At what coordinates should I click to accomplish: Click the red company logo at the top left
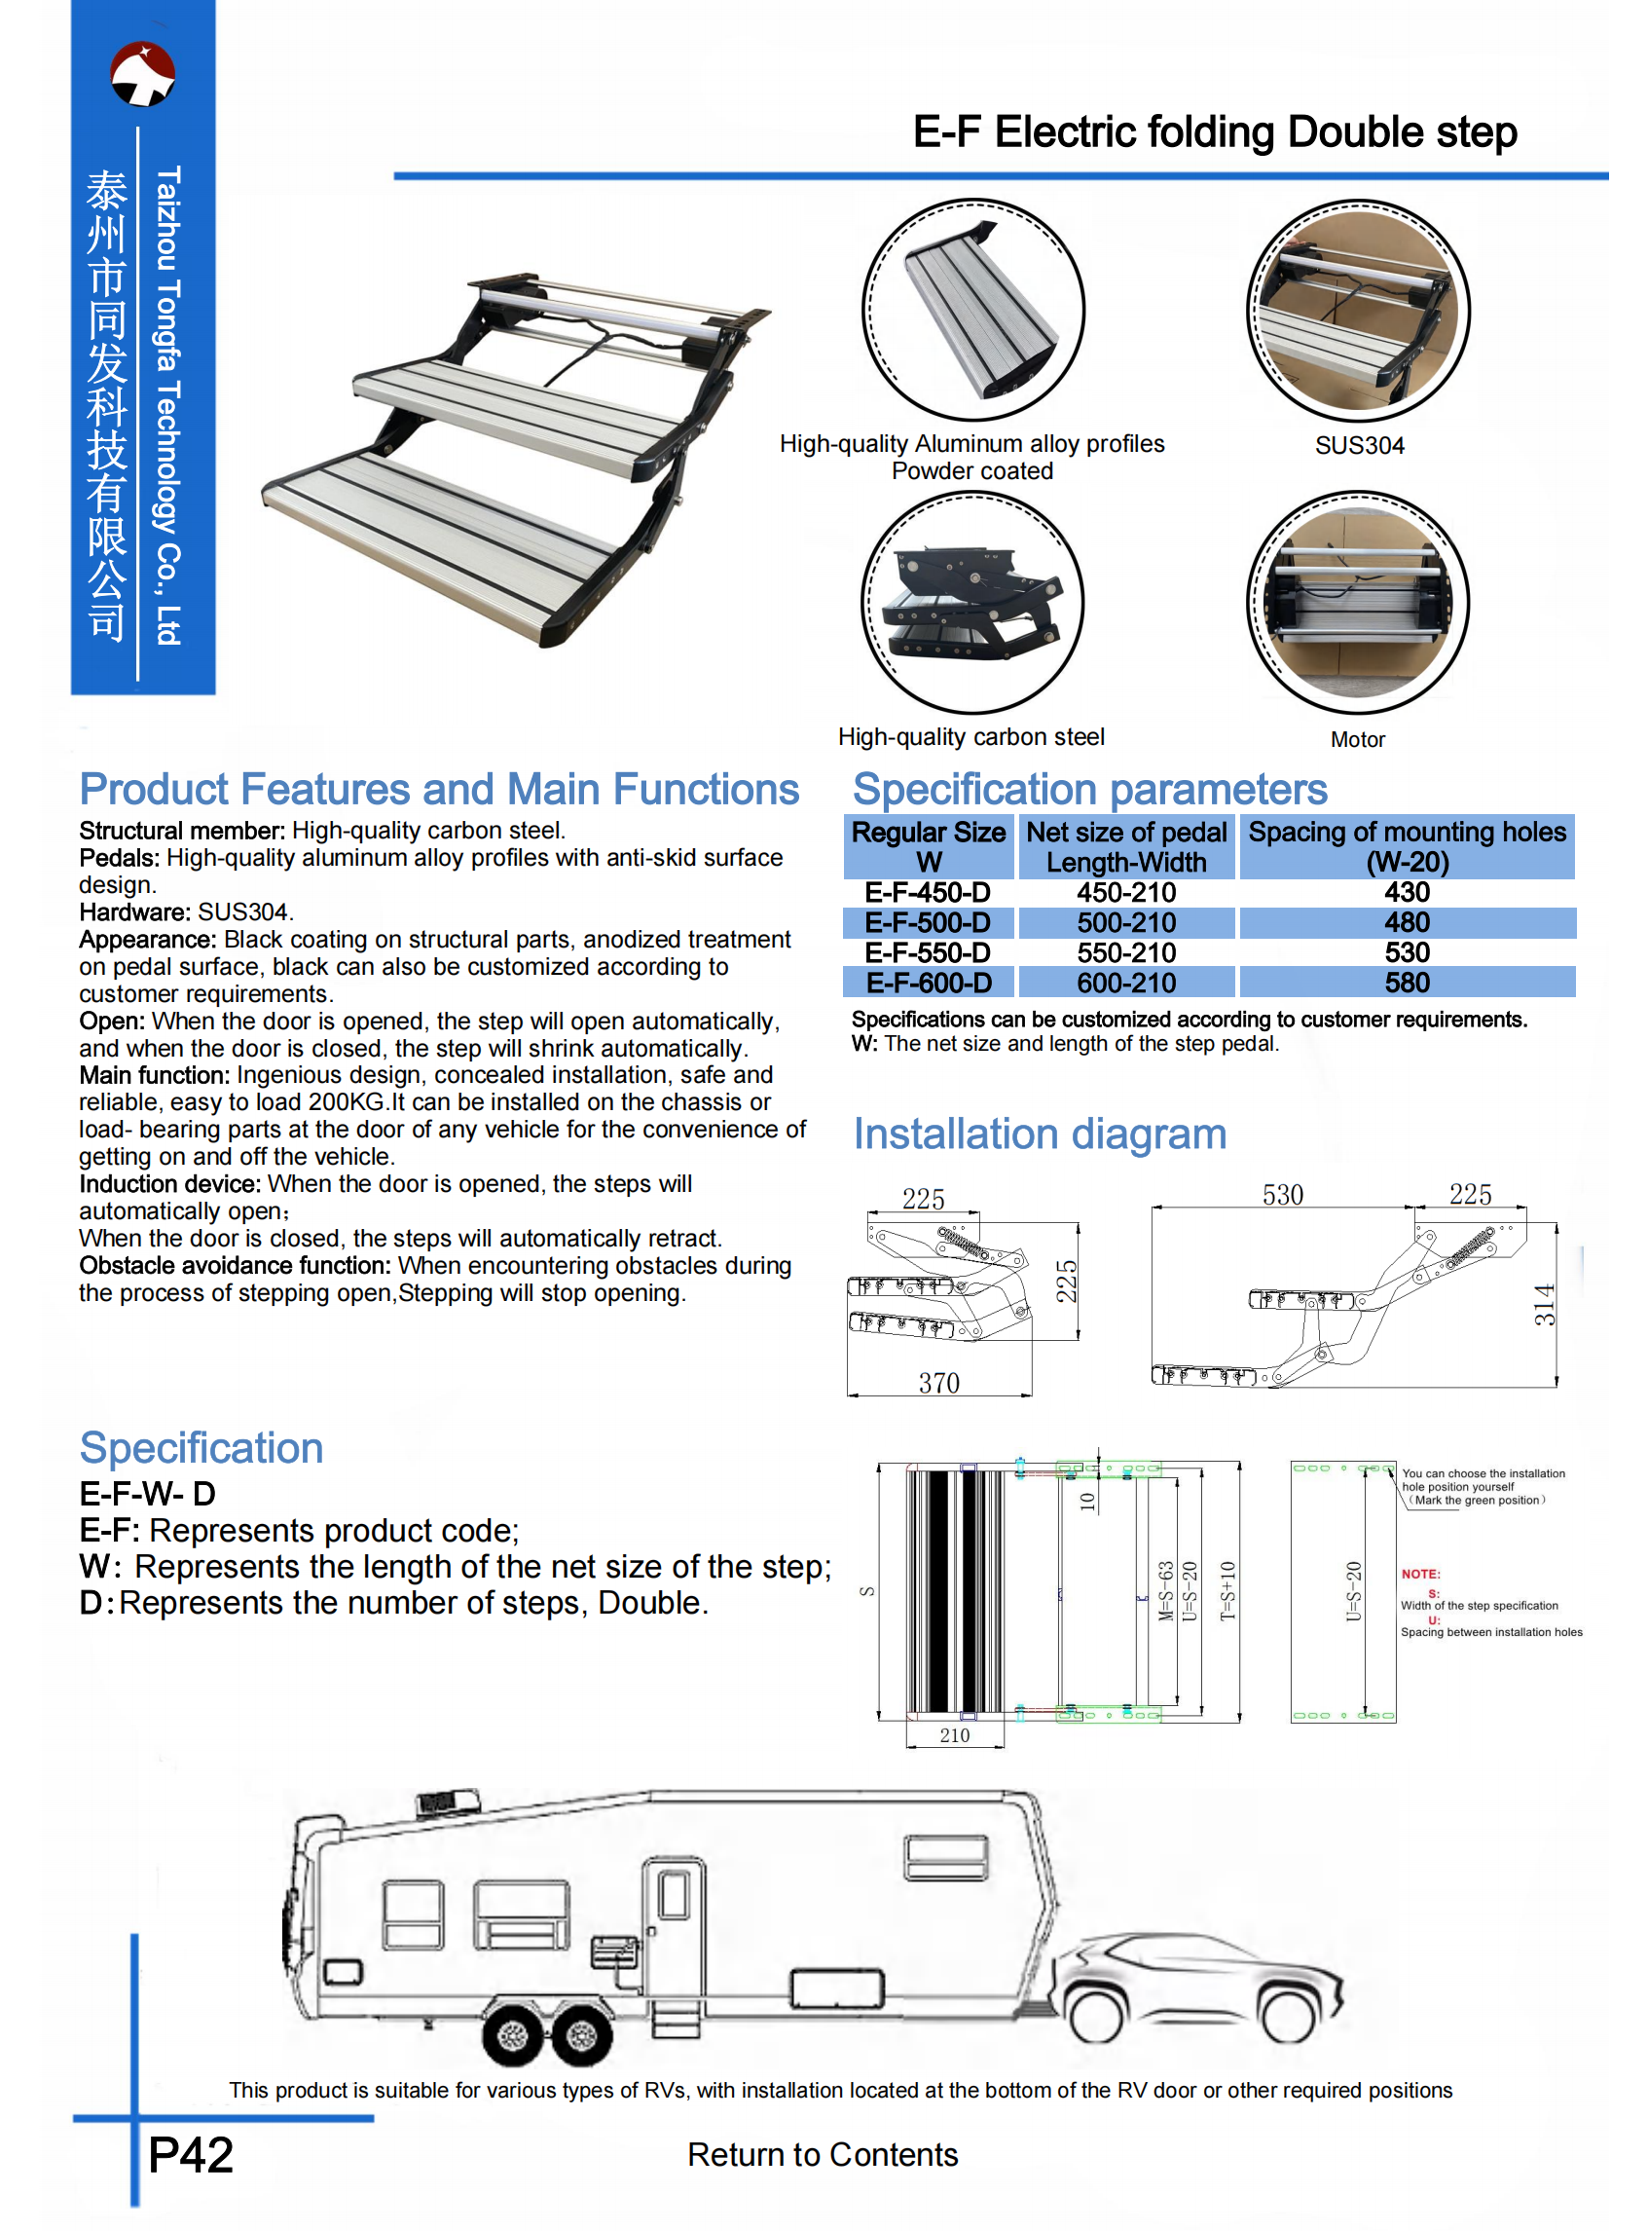(x=143, y=74)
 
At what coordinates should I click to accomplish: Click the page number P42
(x=190, y=2154)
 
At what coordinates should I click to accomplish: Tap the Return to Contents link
(x=822, y=2154)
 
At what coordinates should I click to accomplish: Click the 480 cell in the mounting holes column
(x=1406, y=922)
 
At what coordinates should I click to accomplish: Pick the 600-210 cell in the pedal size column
(x=1125, y=983)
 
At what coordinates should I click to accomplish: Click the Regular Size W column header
(x=928, y=846)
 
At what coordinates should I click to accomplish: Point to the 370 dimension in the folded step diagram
(x=937, y=1382)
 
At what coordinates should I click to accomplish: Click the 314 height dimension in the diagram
(x=1543, y=1304)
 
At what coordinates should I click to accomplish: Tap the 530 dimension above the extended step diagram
(x=1282, y=1194)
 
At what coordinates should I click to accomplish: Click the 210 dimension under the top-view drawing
(x=954, y=1735)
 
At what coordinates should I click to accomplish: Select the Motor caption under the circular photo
(x=1357, y=739)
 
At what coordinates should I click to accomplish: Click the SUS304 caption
(x=1358, y=445)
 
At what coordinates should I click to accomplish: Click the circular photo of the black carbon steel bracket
(x=971, y=603)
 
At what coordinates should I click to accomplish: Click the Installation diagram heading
(x=1039, y=1134)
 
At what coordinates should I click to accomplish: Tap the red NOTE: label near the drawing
(x=1419, y=1574)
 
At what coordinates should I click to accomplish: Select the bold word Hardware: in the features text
(x=134, y=911)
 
